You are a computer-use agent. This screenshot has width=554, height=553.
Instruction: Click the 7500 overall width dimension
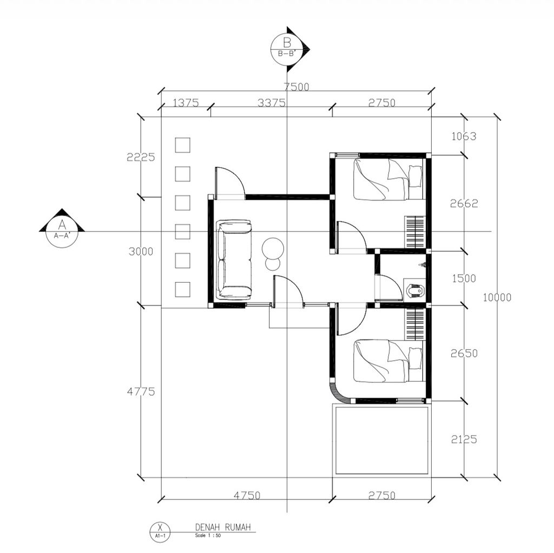(x=296, y=87)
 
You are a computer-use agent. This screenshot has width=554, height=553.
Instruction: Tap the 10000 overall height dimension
(x=497, y=297)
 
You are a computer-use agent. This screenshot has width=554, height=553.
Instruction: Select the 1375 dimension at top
(x=186, y=102)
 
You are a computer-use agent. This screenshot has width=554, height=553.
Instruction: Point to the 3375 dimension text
(x=272, y=102)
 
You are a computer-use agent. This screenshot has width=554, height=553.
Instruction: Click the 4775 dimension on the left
(x=141, y=391)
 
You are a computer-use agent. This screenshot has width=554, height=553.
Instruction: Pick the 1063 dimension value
(x=464, y=136)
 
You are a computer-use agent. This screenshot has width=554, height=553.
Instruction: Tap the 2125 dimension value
(x=464, y=439)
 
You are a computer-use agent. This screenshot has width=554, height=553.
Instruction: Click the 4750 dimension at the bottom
(x=247, y=495)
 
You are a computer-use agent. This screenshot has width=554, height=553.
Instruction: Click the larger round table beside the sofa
(x=273, y=249)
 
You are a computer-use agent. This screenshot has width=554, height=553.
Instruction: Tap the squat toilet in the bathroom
(x=415, y=291)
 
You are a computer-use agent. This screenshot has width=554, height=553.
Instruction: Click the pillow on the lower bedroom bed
(x=415, y=359)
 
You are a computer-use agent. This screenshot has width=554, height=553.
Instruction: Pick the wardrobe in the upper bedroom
(x=414, y=232)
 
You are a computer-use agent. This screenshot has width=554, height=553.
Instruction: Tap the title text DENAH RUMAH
(x=223, y=527)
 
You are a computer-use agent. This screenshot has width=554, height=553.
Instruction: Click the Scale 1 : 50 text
(x=208, y=536)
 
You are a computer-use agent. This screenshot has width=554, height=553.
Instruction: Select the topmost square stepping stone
(x=183, y=145)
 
